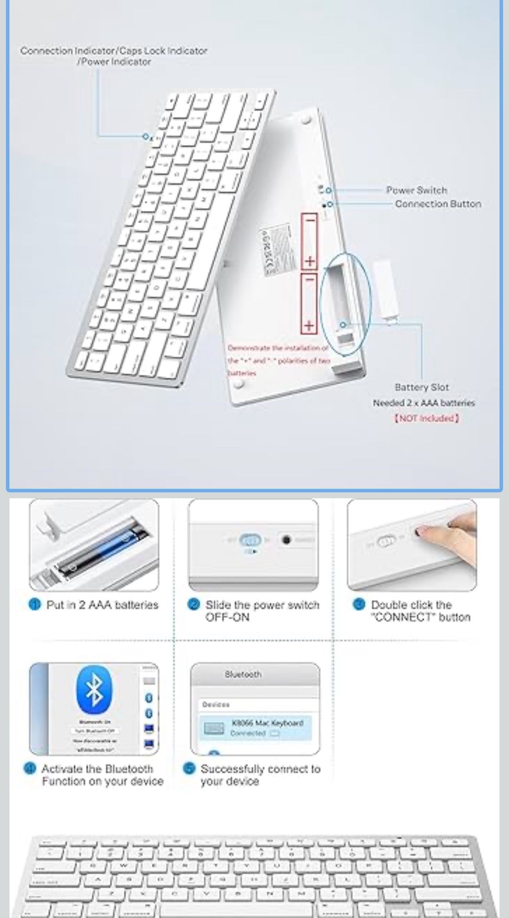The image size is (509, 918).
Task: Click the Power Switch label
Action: click(416, 190)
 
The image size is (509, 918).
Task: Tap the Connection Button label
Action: click(438, 204)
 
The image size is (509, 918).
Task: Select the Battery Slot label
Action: click(422, 387)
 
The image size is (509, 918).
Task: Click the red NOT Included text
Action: click(426, 418)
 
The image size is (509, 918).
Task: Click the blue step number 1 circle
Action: click(35, 605)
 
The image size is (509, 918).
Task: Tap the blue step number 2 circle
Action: click(194, 605)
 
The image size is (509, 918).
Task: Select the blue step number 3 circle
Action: click(359, 605)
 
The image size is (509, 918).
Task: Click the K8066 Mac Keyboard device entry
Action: click(255, 727)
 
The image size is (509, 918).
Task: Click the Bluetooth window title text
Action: click(243, 674)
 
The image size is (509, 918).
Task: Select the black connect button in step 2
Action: click(286, 540)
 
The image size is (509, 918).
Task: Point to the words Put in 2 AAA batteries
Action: click(102, 605)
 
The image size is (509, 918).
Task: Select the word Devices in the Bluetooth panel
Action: click(216, 705)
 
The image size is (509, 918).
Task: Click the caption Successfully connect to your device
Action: click(260, 775)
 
